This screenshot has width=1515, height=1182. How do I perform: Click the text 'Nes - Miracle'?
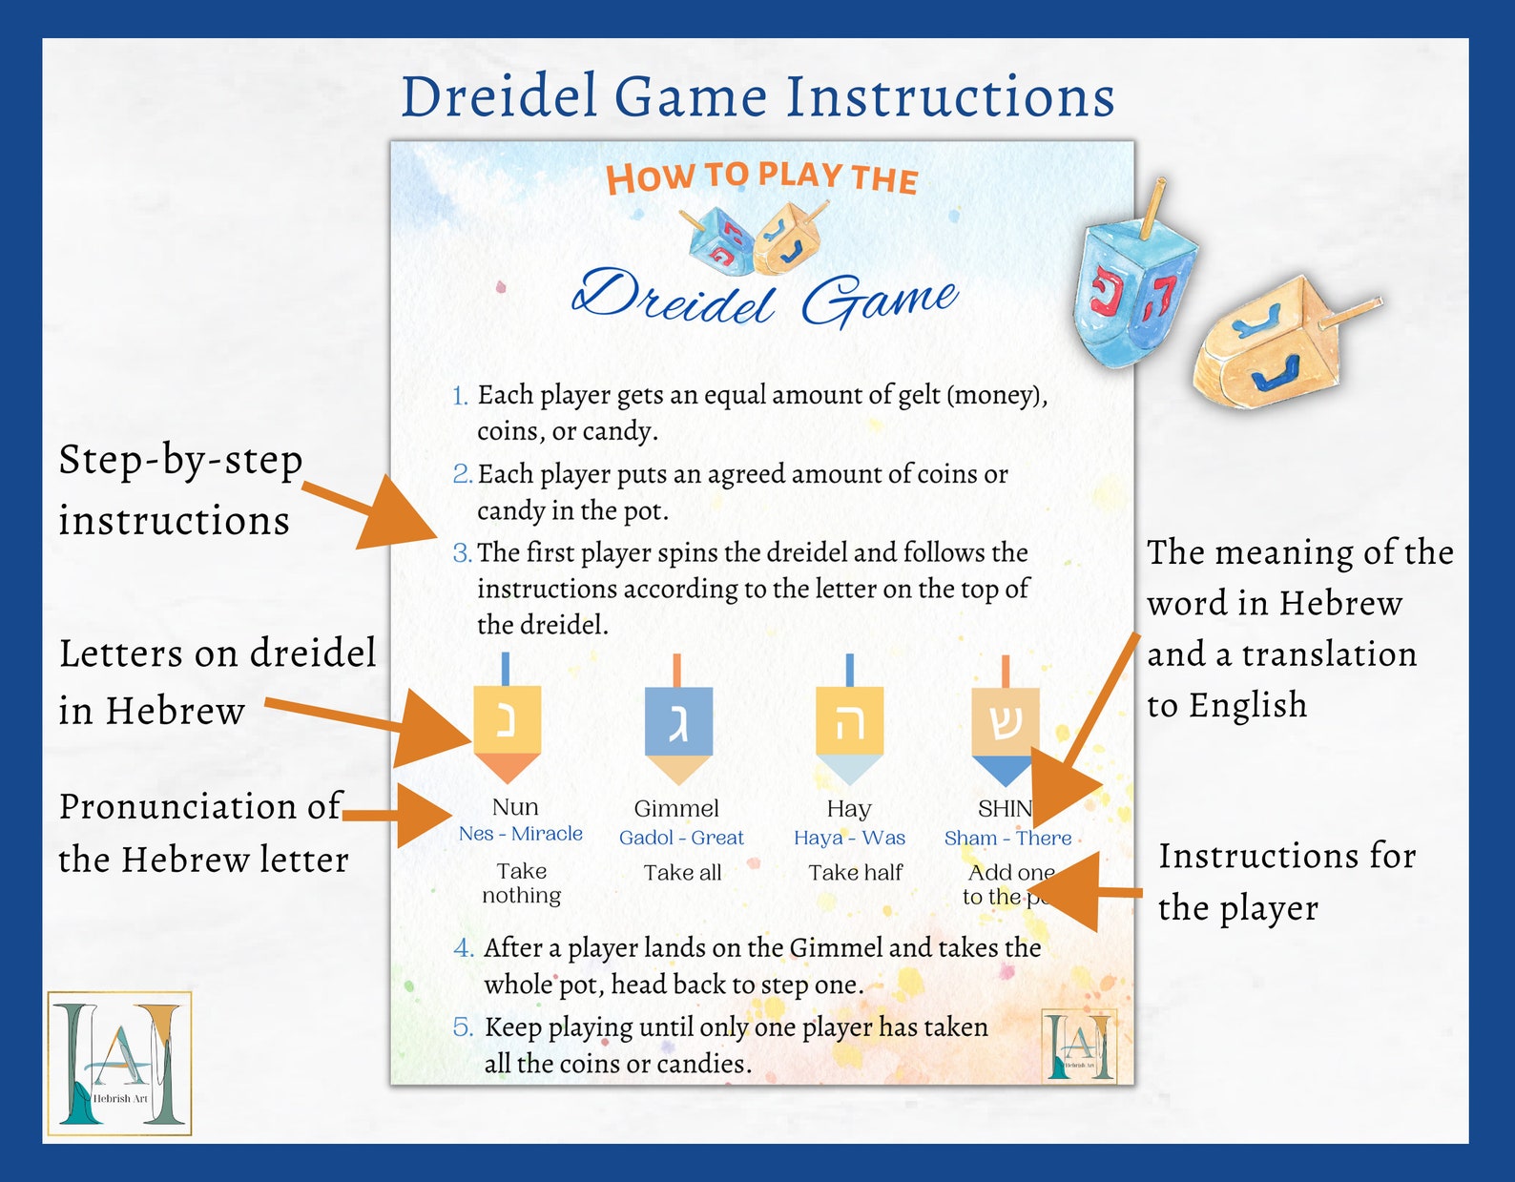[520, 834]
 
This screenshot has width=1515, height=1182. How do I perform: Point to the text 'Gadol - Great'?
[681, 838]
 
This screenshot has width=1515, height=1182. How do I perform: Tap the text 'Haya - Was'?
[849, 838]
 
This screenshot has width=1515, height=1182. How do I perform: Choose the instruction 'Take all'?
[682, 872]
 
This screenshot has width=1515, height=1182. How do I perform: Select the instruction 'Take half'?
[855, 872]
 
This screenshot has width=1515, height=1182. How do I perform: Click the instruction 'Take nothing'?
[521, 883]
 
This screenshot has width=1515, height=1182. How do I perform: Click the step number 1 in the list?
[460, 396]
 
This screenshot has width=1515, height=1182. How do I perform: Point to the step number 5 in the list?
[463, 1027]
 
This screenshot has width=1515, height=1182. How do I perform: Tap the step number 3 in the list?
[462, 553]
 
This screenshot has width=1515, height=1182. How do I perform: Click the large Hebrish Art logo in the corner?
[120, 1063]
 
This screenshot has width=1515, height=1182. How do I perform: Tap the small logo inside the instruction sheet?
[1079, 1047]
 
